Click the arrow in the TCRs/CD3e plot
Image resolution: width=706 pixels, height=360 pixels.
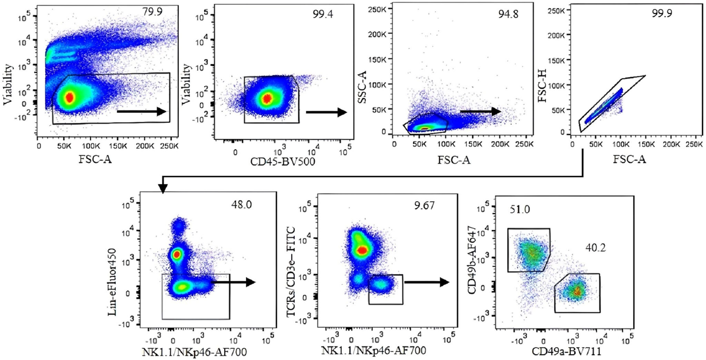427,282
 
